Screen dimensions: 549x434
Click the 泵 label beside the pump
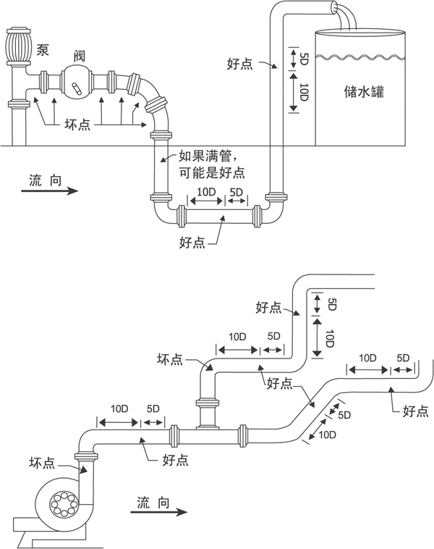tap(43, 49)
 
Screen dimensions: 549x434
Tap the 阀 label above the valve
tap(79, 56)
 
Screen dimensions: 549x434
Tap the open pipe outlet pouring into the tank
tap(334, 9)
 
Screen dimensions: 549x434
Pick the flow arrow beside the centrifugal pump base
tap(156, 511)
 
